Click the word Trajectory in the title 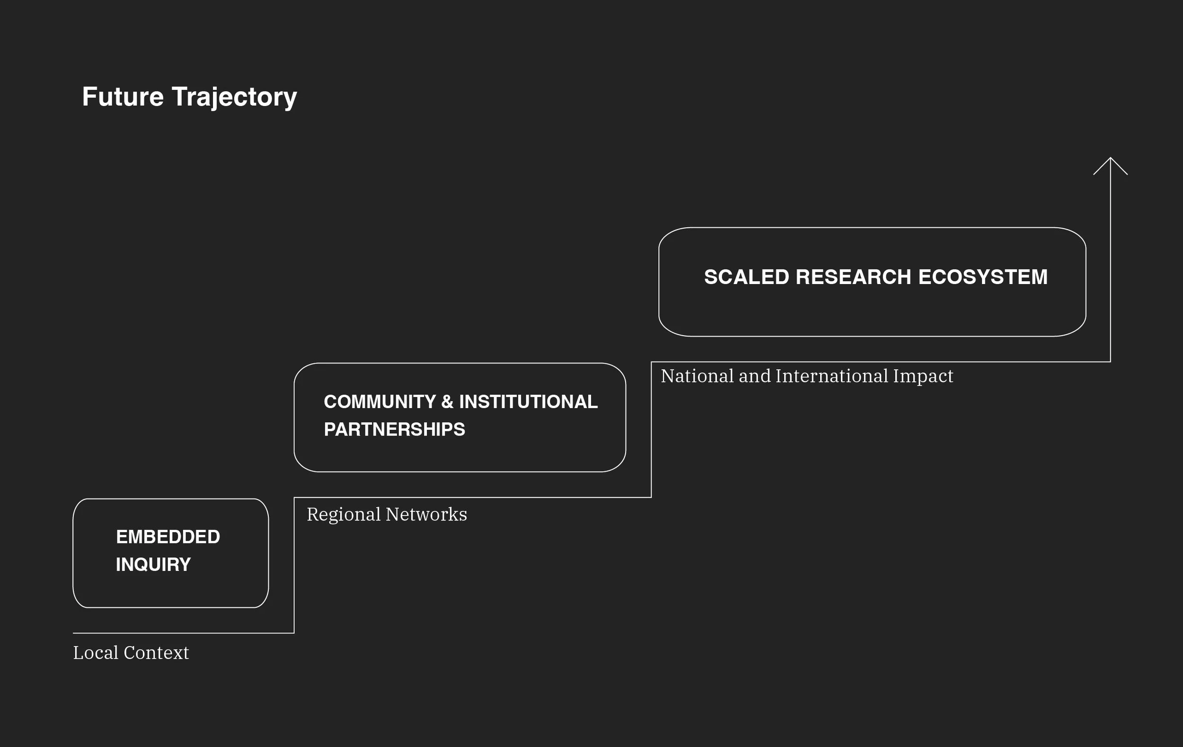(x=234, y=98)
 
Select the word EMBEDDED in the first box (x=168, y=537)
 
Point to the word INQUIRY (x=153, y=564)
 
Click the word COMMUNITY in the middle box (x=380, y=401)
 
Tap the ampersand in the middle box (x=447, y=401)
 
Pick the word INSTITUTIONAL (x=528, y=401)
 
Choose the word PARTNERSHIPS (x=395, y=429)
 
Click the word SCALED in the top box (x=747, y=276)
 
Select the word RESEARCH (x=853, y=276)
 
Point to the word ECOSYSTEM (x=982, y=276)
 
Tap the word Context (x=156, y=653)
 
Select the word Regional (x=344, y=515)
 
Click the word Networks (x=426, y=515)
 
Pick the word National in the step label (x=697, y=376)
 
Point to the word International (x=832, y=376)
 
